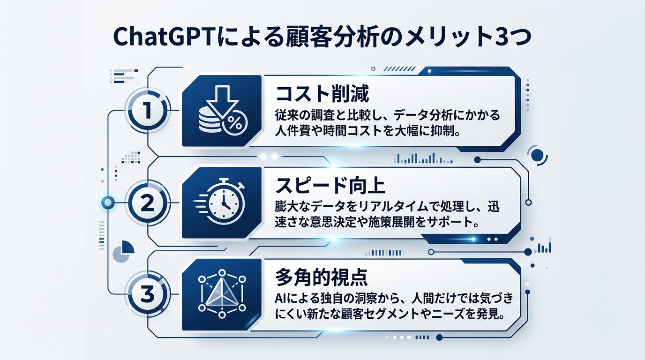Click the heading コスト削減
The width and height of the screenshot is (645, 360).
[x=322, y=94]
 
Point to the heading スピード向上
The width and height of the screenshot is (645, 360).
[x=330, y=186]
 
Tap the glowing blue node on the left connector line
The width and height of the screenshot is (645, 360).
[x=108, y=202]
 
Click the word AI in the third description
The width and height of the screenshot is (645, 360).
[x=280, y=300]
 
